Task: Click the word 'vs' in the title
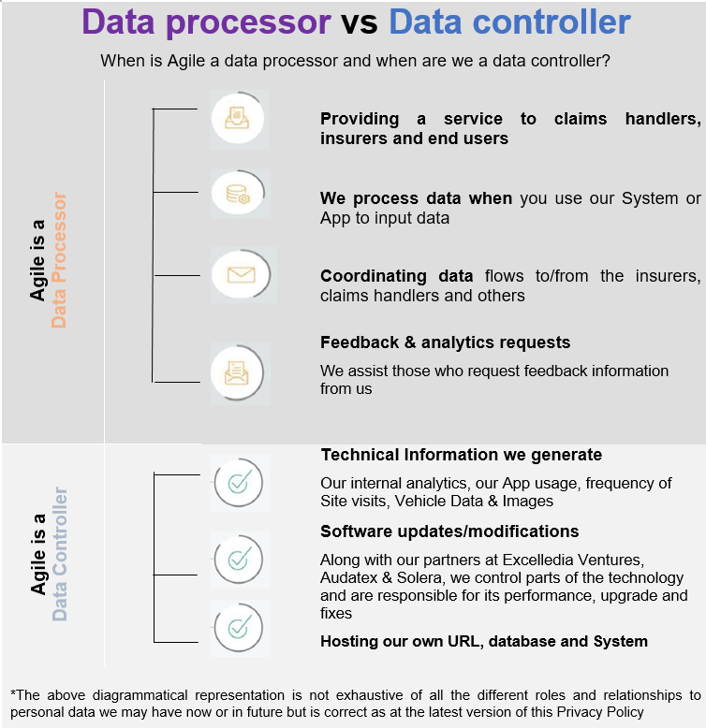[x=359, y=23]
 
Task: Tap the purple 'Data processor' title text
[x=206, y=23]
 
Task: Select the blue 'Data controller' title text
[x=509, y=23]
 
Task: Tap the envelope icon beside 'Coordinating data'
[x=241, y=275]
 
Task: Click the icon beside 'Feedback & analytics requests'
[x=238, y=371]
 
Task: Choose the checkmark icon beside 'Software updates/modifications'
[x=238, y=560]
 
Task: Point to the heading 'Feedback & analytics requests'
[x=445, y=342]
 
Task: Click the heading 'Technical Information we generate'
[x=461, y=455]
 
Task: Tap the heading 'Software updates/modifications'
[x=449, y=531]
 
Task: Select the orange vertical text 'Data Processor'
[x=59, y=260]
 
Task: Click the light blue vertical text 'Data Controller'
[x=59, y=554]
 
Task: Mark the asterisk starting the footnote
[x=13, y=694]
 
